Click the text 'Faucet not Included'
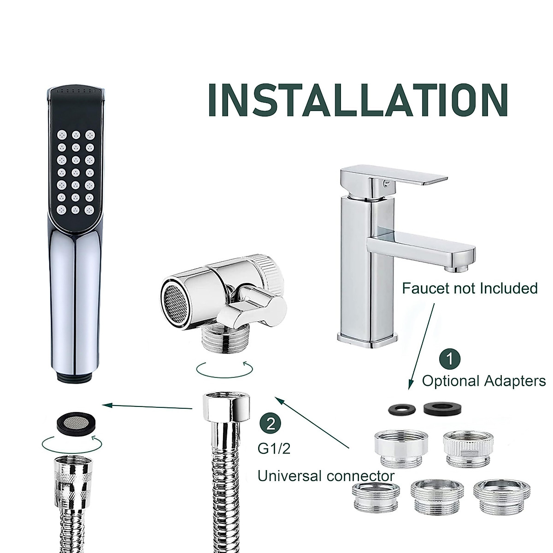pyautogui.click(x=470, y=288)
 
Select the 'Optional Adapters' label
pyautogui.click(x=483, y=381)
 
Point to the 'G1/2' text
pyautogui.click(x=274, y=448)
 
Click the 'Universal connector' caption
pyautogui.click(x=325, y=476)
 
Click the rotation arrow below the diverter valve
pyautogui.click(x=224, y=369)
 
